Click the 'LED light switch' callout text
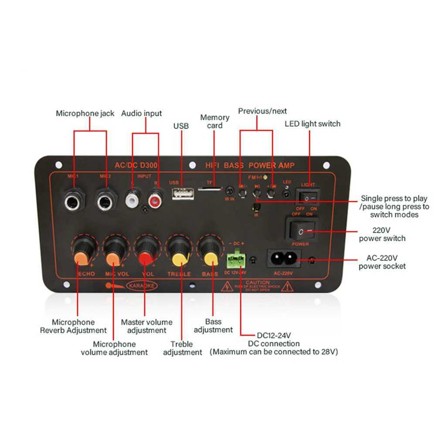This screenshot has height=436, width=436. [312, 124]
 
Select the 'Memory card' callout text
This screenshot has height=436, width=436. [215, 121]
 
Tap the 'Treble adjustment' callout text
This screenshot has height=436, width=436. [182, 348]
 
